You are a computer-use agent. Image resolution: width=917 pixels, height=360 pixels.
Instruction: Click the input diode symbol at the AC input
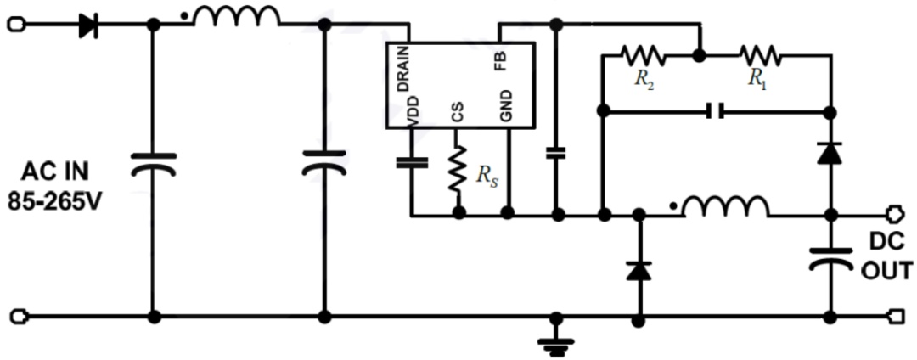88,25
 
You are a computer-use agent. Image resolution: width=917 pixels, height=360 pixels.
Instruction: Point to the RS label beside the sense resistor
487,176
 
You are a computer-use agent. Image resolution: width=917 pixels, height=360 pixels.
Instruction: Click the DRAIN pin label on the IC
402,69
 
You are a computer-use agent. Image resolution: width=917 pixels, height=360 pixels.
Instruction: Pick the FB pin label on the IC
501,59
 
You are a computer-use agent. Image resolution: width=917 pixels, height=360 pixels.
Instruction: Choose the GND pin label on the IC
506,106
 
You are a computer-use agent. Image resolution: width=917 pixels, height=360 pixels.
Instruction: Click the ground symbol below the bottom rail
557,344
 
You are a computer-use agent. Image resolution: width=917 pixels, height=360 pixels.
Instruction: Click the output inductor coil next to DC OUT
726,205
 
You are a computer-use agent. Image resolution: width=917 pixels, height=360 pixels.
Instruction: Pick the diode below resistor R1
830,153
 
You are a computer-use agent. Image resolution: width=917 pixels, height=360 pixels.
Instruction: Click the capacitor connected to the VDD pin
413,162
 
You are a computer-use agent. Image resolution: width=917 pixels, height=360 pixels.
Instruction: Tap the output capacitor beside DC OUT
830,258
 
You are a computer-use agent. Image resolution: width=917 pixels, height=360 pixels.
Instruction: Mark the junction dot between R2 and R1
698,56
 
